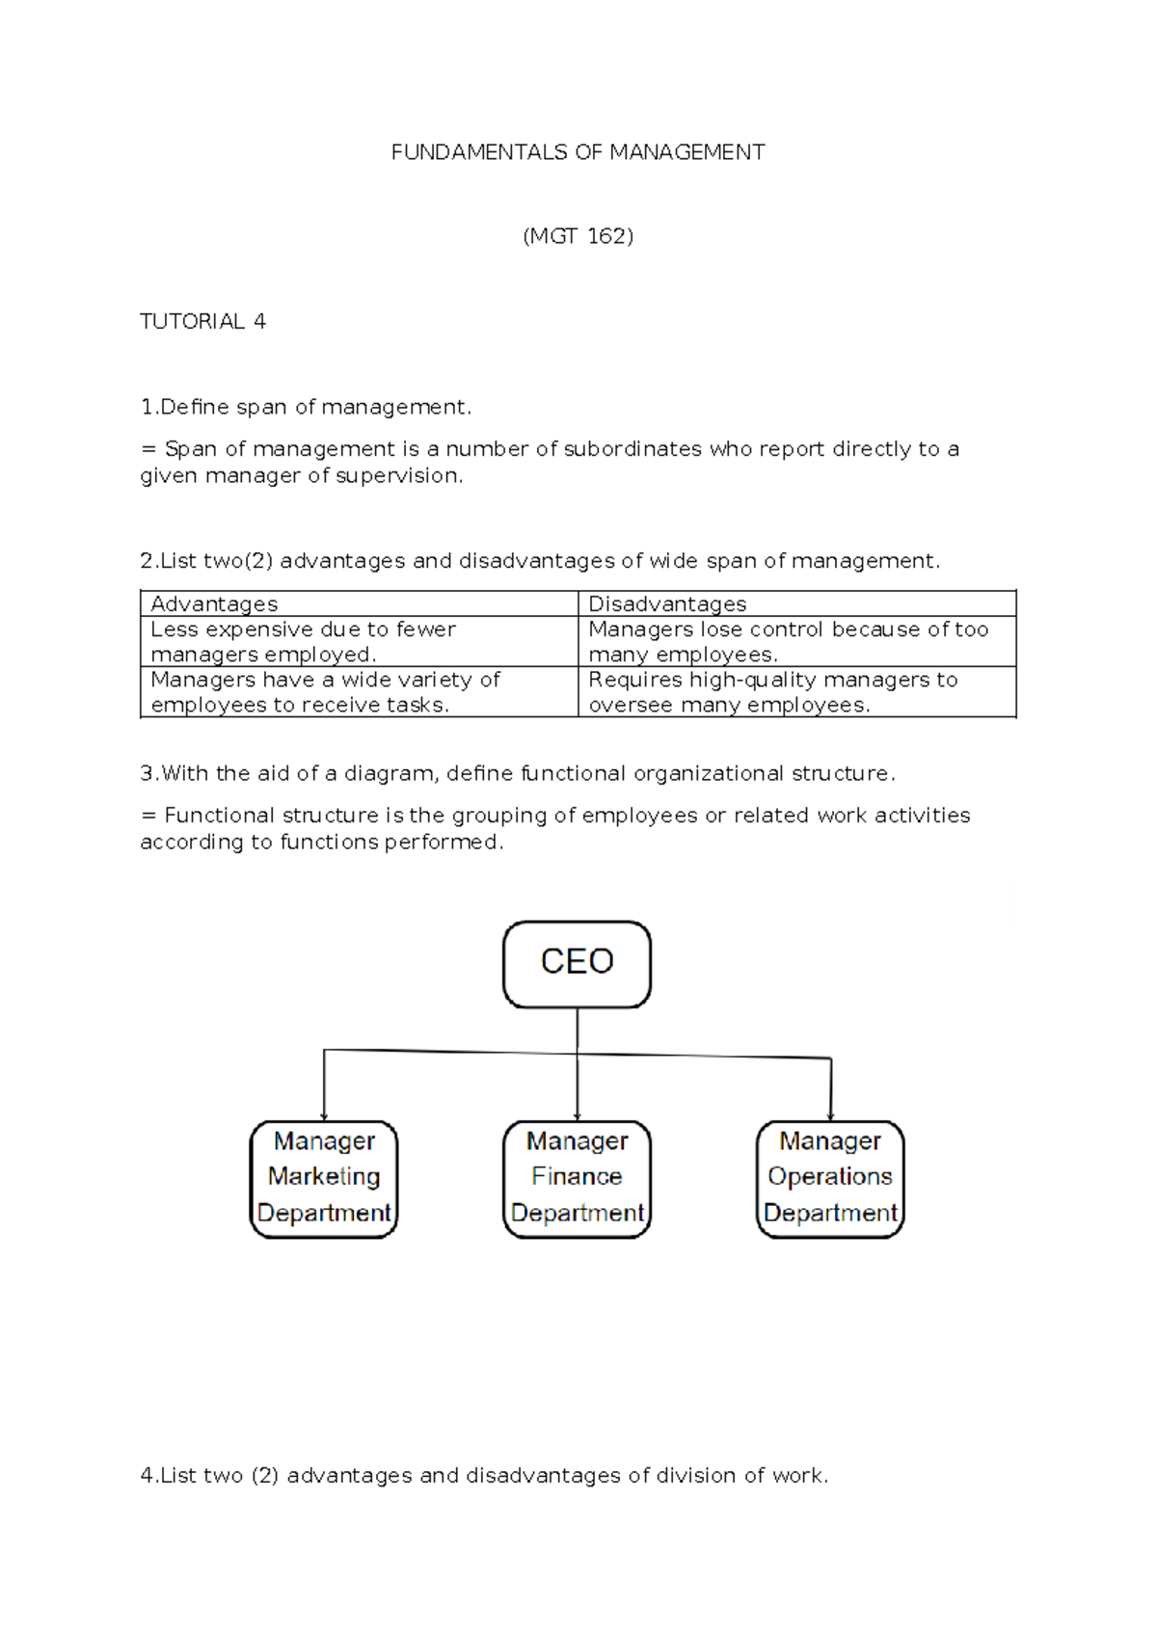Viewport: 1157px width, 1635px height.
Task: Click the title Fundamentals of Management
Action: click(x=578, y=152)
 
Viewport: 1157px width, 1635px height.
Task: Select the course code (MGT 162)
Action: click(x=578, y=236)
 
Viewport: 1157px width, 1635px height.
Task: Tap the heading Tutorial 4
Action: click(x=202, y=322)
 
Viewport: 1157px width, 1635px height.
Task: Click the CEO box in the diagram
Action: click(x=577, y=963)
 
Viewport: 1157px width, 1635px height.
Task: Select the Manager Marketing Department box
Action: click(x=324, y=1178)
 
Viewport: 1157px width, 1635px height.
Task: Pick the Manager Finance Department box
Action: click(x=577, y=1178)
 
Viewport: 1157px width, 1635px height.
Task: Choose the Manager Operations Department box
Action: click(x=830, y=1178)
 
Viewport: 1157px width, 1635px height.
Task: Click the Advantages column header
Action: click(x=214, y=604)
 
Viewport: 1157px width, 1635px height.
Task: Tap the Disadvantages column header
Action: click(x=667, y=604)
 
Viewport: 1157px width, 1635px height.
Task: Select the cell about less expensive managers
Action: click(x=304, y=642)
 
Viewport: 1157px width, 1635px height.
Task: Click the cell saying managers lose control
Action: click(x=788, y=642)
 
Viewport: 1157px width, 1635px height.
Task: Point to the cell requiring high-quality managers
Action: click(x=772, y=692)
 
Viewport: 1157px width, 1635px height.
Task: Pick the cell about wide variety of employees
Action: click(x=325, y=692)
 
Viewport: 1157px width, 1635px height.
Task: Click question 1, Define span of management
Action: click(x=306, y=408)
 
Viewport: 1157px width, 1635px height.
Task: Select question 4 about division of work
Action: click(x=484, y=1476)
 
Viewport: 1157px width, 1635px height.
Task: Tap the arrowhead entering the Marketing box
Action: click(x=324, y=1115)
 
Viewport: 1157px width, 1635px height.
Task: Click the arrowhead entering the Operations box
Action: click(x=831, y=1115)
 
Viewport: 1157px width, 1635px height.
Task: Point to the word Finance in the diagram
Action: click(x=577, y=1177)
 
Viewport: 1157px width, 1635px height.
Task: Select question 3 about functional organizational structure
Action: click(x=518, y=774)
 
